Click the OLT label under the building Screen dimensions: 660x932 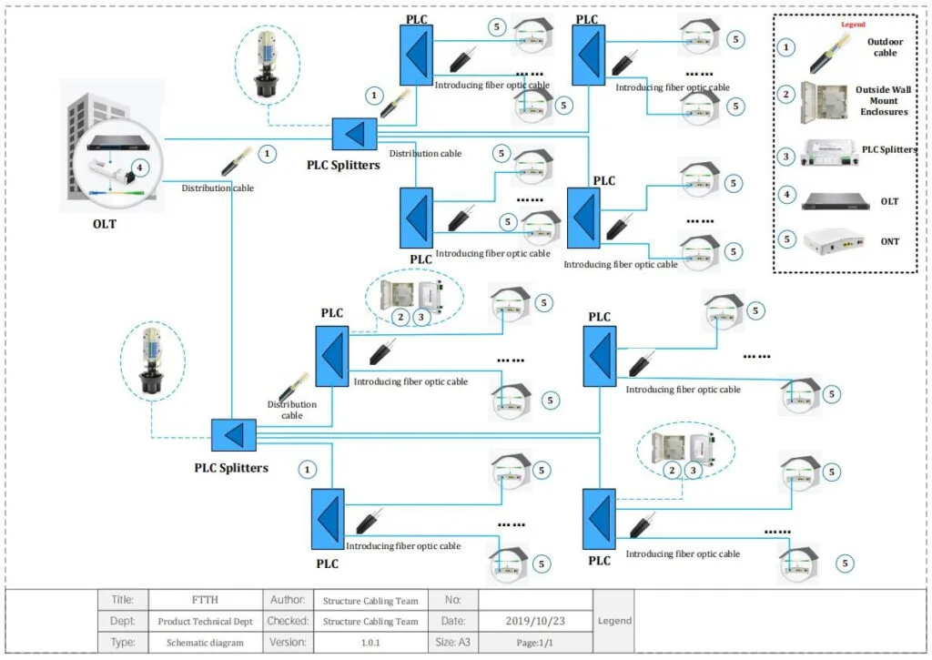coord(104,224)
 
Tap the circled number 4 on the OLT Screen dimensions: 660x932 coord(139,168)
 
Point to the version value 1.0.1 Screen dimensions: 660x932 coord(370,642)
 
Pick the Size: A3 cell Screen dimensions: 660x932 coord(452,642)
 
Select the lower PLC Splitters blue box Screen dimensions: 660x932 coord(233,435)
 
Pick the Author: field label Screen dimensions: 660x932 coord(288,600)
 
